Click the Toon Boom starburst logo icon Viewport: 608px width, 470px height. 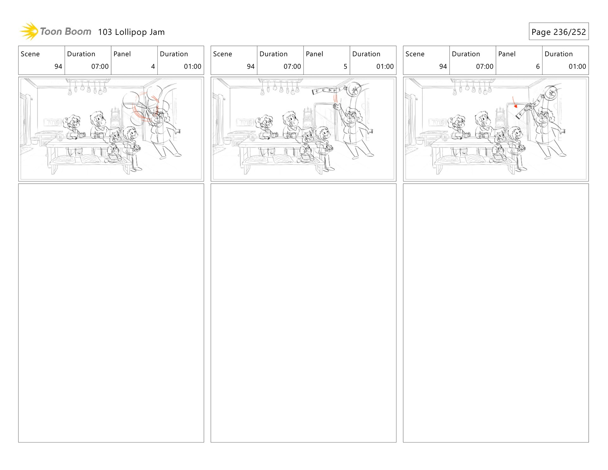[x=29, y=31]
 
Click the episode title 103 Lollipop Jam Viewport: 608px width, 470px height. [x=131, y=32]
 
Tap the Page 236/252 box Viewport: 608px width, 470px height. [x=559, y=31]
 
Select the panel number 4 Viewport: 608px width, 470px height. [x=153, y=67]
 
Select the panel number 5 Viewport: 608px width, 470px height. [x=345, y=67]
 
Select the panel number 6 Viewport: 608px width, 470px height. [x=538, y=67]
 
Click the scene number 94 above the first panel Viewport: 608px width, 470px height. [x=58, y=67]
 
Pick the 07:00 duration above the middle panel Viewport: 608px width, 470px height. [x=292, y=67]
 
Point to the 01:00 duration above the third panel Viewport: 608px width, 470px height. [x=577, y=67]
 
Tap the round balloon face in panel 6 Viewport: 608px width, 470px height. [x=552, y=93]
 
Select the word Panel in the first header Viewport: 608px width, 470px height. [x=122, y=54]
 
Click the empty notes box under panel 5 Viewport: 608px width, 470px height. [x=303, y=313]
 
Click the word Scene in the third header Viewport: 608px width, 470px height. [x=415, y=54]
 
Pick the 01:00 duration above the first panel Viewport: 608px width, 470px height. [x=193, y=67]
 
